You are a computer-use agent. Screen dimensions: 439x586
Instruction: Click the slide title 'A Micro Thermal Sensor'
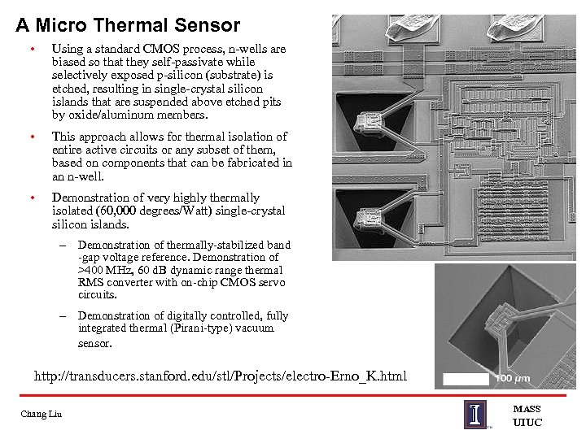[128, 26]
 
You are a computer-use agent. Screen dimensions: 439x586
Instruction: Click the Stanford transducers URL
[220, 376]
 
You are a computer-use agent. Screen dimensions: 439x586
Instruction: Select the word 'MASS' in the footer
[527, 409]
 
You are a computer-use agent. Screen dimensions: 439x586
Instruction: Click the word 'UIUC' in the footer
[527, 423]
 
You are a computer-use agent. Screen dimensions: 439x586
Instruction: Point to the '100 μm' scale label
[513, 379]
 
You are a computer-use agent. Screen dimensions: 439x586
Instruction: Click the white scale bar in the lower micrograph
[466, 379]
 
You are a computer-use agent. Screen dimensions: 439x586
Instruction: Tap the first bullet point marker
[32, 50]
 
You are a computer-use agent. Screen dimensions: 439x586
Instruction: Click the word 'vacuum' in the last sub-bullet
[256, 328]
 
